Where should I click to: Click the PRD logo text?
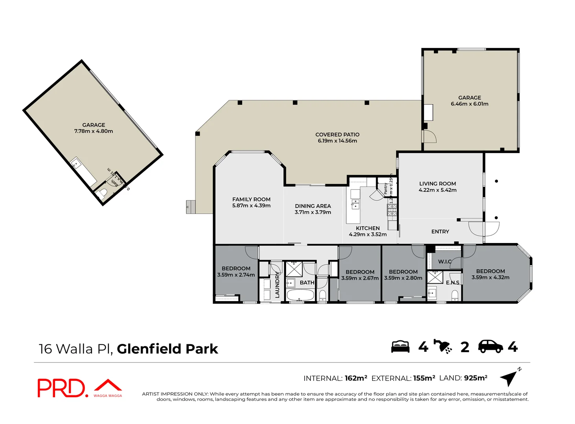click(x=61, y=388)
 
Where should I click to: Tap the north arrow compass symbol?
click(x=510, y=378)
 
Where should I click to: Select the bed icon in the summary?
click(x=400, y=347)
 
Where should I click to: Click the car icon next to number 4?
click(x=490, y=346)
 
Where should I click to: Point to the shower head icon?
click(x=443, y=346)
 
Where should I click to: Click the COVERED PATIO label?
click(x=337, y=135)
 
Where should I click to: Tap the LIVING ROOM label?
click(x=437, y=184)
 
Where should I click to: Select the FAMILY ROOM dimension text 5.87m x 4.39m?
click(x=251, y=206)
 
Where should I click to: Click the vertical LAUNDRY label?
click(x=277, y=284)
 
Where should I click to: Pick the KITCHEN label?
click(x=367, y=228)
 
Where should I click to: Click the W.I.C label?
click(x=445, y=261)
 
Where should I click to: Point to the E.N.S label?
click(x=452, y=283)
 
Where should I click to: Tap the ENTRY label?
click(x=440, y=232)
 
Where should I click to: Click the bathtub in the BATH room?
click(x=300, y=295)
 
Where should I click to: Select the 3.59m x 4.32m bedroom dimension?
click(x=490, y=278)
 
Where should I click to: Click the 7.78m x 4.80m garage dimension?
click(x=94, y=131)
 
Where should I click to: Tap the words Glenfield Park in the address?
click(x=167, y=349)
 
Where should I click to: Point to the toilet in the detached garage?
click(x=103, y=193)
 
